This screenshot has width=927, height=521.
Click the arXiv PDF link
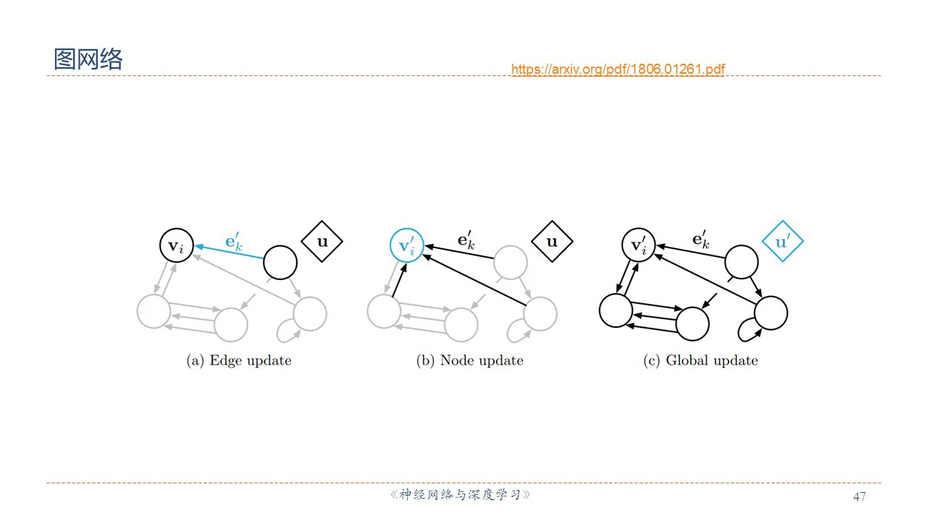618,69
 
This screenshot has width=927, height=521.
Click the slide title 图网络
88,59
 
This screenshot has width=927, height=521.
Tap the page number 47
860,496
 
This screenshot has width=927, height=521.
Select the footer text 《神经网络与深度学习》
461,496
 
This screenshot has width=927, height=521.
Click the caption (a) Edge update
239,360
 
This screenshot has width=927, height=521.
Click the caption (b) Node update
469,360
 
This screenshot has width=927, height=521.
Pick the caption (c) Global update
700,360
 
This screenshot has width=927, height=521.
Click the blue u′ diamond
783,242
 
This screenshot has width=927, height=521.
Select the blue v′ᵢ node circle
406,246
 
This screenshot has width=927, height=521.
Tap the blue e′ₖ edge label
234,241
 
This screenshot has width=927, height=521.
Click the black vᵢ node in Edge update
176,246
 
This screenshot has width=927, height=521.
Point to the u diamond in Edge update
322,242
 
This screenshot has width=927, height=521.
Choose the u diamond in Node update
552,242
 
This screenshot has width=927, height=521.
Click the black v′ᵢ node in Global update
638,246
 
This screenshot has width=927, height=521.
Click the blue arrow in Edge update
228,254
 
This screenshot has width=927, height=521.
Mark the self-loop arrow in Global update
746,332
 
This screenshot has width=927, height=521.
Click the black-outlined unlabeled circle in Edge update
280,262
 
